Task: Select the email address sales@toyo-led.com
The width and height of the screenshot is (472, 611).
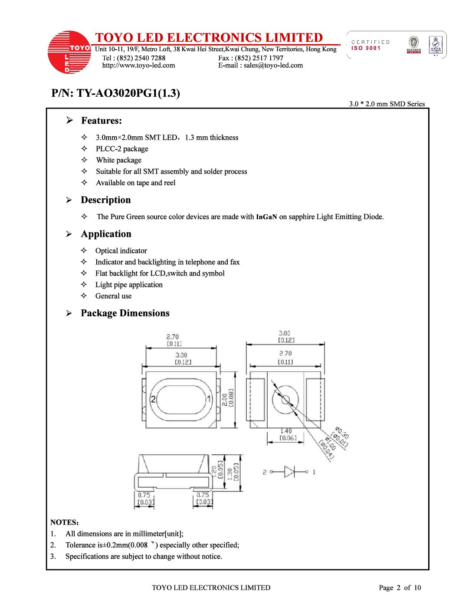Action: (x=273, y=66)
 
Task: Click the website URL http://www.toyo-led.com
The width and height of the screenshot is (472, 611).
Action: (x=138, y=66)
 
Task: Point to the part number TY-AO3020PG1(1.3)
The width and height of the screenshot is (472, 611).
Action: (x=128, y=93)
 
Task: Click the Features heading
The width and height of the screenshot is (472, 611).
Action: (x=101, y=121)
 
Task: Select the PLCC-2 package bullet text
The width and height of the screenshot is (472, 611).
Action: (x=122, y=149)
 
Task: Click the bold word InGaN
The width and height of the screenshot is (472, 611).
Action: (x=266, y=217)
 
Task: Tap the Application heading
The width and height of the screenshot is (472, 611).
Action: (x=106, y=234)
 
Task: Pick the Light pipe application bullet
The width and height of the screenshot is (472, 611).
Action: (x=129, y=285)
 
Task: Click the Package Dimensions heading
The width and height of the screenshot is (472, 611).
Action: (x=125, y=313)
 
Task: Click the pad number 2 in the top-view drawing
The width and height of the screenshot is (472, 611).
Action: (x=153, y=399)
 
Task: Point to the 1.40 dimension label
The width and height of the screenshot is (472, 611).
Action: (x=286, y=431)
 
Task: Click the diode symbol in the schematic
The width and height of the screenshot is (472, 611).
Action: (x=289, y=472)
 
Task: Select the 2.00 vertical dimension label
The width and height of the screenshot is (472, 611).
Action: (x=225, y=400)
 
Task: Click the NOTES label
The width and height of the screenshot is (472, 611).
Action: (x=64, y=522)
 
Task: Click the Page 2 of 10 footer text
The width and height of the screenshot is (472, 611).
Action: (x=400, y=588)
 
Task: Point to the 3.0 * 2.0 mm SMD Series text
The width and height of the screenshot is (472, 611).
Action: (x=387, y=104)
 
